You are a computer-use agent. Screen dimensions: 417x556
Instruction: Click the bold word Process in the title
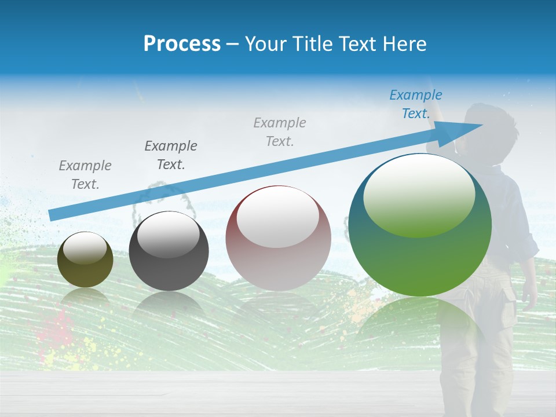click(182, 44)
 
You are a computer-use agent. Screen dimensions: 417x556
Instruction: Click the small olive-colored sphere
click(85, 260)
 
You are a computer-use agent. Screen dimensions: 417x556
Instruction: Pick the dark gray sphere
click(169, 251)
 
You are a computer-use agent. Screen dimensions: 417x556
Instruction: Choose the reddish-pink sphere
click(278, 238)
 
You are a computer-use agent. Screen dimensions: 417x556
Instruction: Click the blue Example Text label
click(415, 104)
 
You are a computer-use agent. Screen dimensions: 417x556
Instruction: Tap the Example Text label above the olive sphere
click(85, 175)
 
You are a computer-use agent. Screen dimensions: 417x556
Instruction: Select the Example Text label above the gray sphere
click(171, 155)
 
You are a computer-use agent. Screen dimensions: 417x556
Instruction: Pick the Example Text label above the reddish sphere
click(280, 131)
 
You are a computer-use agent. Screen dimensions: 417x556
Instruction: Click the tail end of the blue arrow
click(52, 215)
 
